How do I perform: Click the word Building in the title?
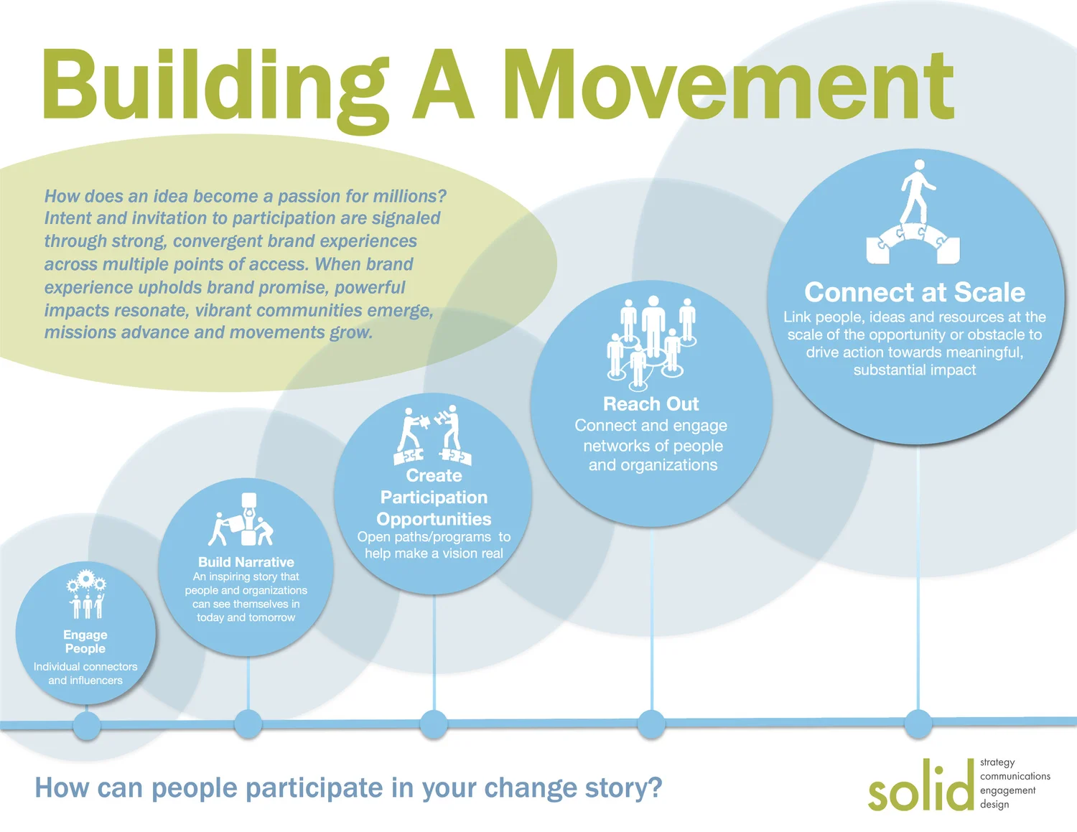(x=215, y=86)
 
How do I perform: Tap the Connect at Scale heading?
(x=914, y=292)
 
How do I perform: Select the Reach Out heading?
(x=651, y=404)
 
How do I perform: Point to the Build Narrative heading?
(x=246, y=562)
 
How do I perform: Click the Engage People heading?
(x=85, y=642)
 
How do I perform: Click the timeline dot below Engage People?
(x=87, y=726)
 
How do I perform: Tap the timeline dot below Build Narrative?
(x=248, y=724)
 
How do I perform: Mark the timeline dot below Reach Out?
(x=651, y=724)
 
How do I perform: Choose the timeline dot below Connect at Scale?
(x=918, y=724)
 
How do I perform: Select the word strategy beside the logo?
(x=997, y=762)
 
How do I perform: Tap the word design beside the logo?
(x=994, y=805)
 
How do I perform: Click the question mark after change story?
(x=654, y=788)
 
